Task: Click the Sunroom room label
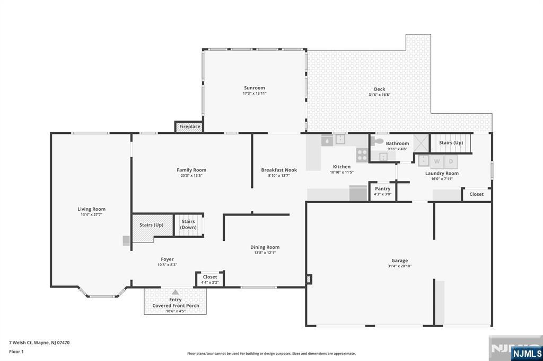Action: pyautogui.click(x=254, y=88)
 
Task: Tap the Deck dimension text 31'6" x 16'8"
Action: pyautogui.click(x=380, y=95)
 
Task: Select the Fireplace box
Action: pyautogui.click(x=189, y=127)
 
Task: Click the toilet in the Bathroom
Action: pyautogui.click(x=377, y=141)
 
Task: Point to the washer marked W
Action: pyautogui.click(x=437, y=161)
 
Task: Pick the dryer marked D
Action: pyautogui.click(x=451, y=161)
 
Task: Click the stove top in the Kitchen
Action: pyautogui.click(x=362, y=155)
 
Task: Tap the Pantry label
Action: pyautogui.click(x=383, y=188)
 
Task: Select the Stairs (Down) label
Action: pyautogui.click(x=188, y=224)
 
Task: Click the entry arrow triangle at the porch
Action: pyautogui.click(x=176, y=292)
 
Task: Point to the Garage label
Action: pyautogui.click(x=400, y=260)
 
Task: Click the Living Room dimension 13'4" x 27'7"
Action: pyautogui.click(x=91, y=215)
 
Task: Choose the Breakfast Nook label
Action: pyautogui.click(x=279, y=170)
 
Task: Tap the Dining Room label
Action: pyautogui.click(x=265, y=247)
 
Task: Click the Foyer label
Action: pyautogui.click(x=167, y=259)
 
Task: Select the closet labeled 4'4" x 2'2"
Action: pyautogui.click(x=210, y=279)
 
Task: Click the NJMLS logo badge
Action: pyautogui.click(x=527, y=353)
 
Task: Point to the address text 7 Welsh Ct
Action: pyautogui.click(x=21, y=342)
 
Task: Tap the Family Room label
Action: pyautogui.click(x=191, y=170)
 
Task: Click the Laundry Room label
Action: pyautogui.click(x=442, y=173)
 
